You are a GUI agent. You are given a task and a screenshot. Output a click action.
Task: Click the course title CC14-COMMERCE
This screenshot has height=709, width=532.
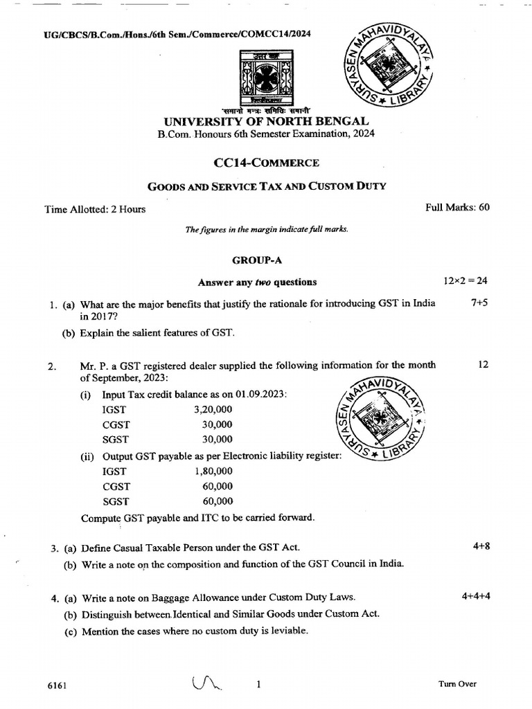click(x=267, y=163)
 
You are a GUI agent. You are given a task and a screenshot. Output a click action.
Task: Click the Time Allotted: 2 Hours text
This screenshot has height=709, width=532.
click(x=95, y=209)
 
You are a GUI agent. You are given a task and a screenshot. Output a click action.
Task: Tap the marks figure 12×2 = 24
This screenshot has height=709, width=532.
click(x=465, y=281)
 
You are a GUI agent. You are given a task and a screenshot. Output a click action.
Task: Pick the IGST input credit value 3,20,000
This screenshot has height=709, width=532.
click(x=213, y=409)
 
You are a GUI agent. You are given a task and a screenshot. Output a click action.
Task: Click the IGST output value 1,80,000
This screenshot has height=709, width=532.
click(x=213, y=472)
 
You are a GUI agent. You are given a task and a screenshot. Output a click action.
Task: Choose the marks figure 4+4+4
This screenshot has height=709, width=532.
click(x=475, y=595)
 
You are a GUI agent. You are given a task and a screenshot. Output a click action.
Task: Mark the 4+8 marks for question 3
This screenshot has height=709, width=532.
click(x=481, y=546)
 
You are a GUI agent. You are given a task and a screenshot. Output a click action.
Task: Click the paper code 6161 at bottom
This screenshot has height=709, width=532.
click(x=57, y=685)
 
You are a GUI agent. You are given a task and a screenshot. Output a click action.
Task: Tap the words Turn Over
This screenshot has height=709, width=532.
click(x=457, y=684)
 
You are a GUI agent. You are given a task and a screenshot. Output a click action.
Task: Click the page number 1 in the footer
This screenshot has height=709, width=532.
click(x=258, y=685)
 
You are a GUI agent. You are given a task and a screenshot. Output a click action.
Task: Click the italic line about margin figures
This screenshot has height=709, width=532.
click(x=267, y=229)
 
